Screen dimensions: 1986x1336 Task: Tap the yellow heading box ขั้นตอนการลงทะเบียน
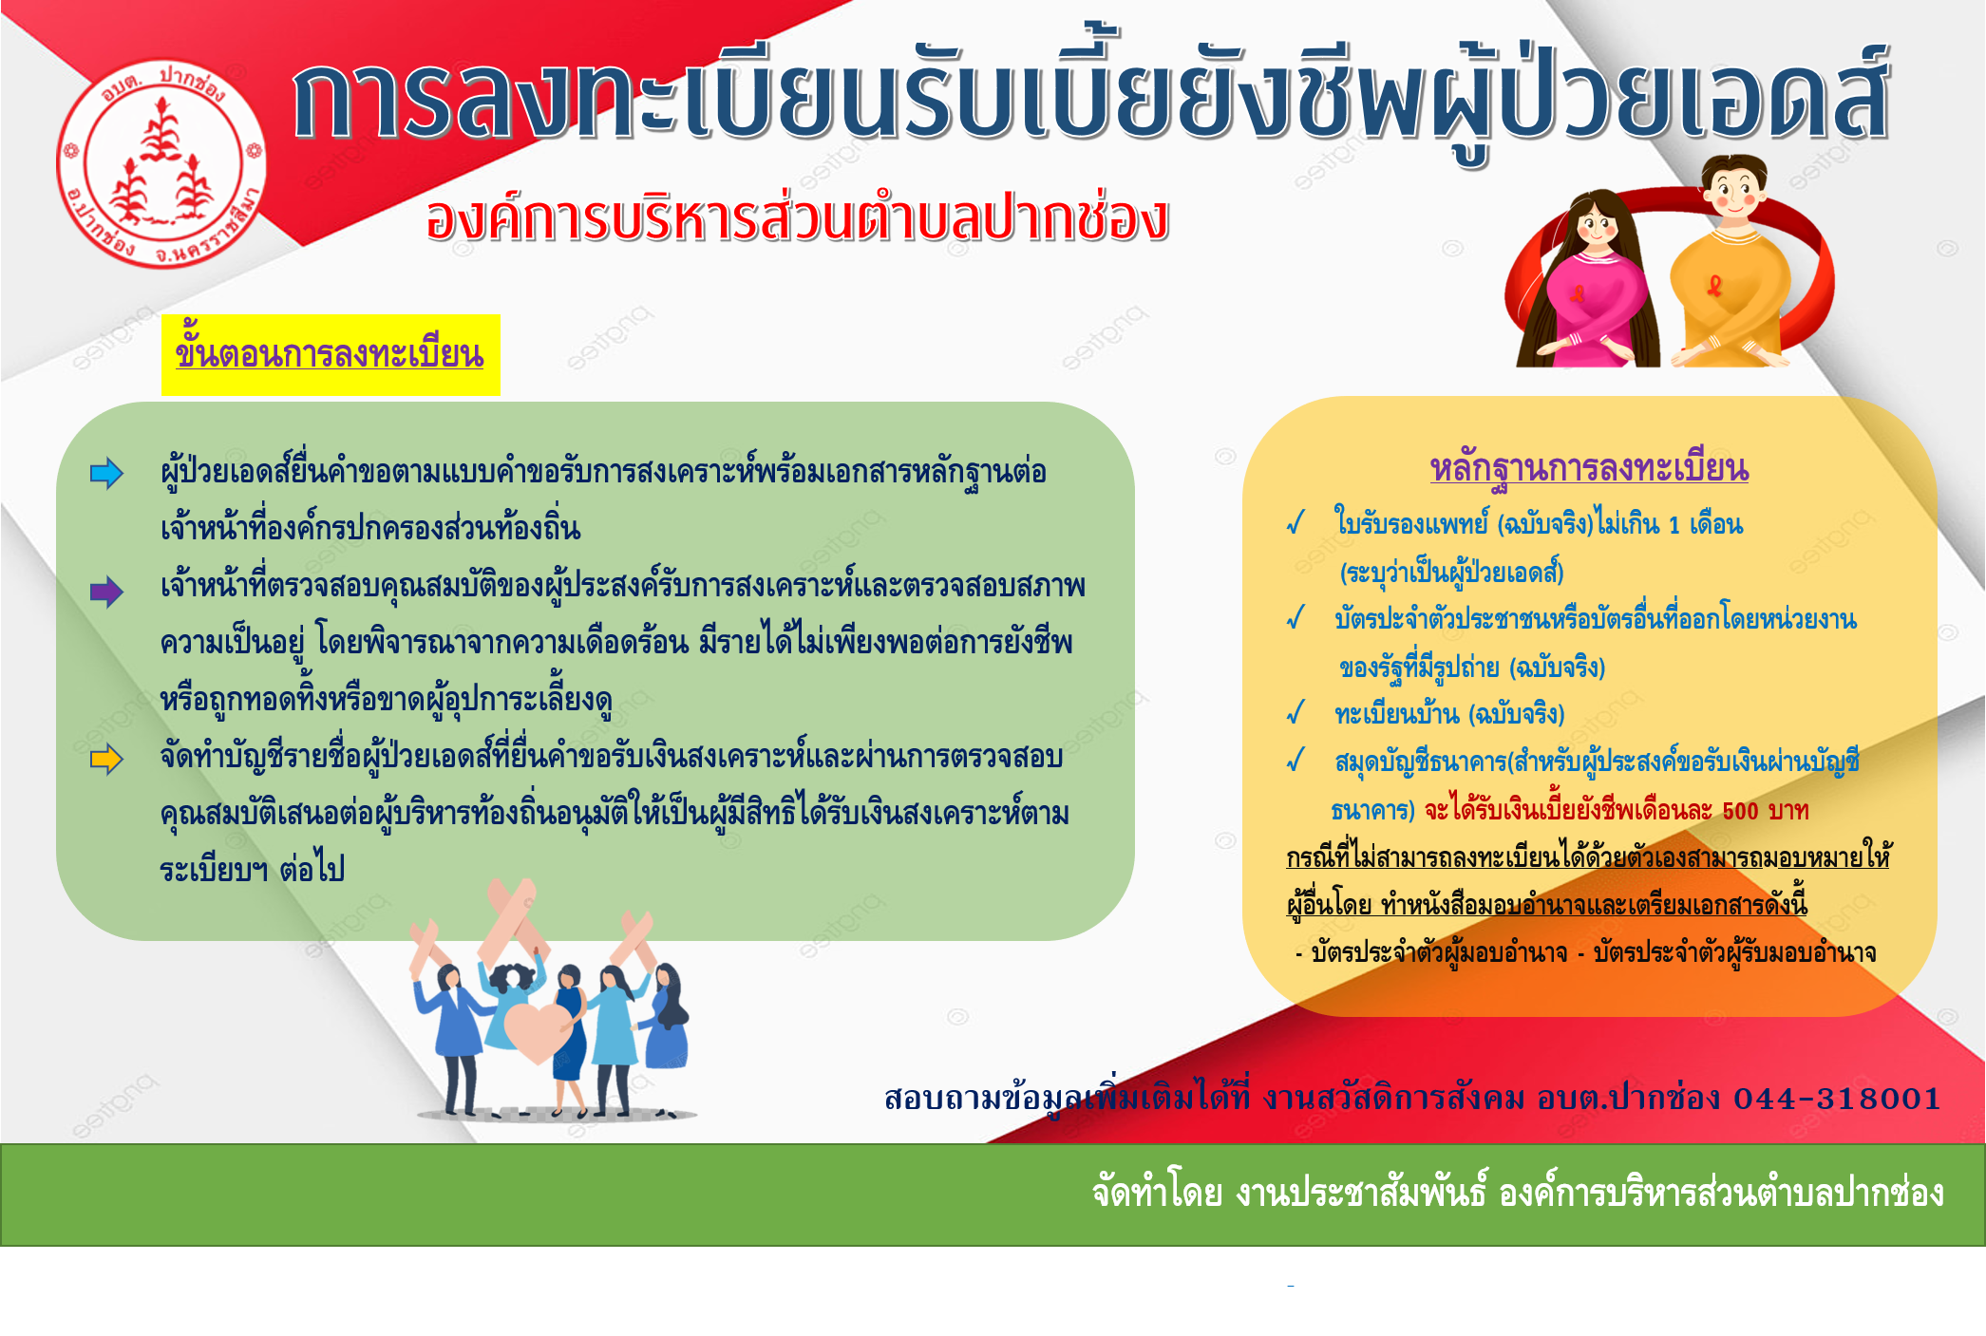pyautogui.click(x=331, y=354)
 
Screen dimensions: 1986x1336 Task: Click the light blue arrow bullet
pyautogui.click(x=106, y=473)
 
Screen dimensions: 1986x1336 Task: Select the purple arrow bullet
pyautogui.click(x=106, y=592)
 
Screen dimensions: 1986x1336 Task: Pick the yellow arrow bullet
pyautogui.click(x=106, y=759)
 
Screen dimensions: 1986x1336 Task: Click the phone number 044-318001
pyautogui.click(x=1837, y=1099)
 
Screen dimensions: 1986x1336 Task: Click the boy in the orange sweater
pyautogui.click(x=1729, y=266)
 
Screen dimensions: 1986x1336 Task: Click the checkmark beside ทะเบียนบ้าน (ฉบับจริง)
pyautogui.click(x=1296, y=713)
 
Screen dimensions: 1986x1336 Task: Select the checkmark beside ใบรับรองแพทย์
pyautogui.click(x=1296, y=522)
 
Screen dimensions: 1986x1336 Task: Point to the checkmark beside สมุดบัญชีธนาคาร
pyautogui.click(x=1296, y=761)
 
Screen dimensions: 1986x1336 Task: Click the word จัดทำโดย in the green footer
pyautogui.click(x=1157, y=1193)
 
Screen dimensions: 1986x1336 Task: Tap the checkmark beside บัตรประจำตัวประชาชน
pyautogui.click(x=1296, y=618)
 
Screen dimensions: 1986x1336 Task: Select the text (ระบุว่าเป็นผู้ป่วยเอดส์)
pyautogui.click(x=1451, y=573)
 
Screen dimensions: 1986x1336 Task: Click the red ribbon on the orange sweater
pyautogui.click(x=1715, y=285)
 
